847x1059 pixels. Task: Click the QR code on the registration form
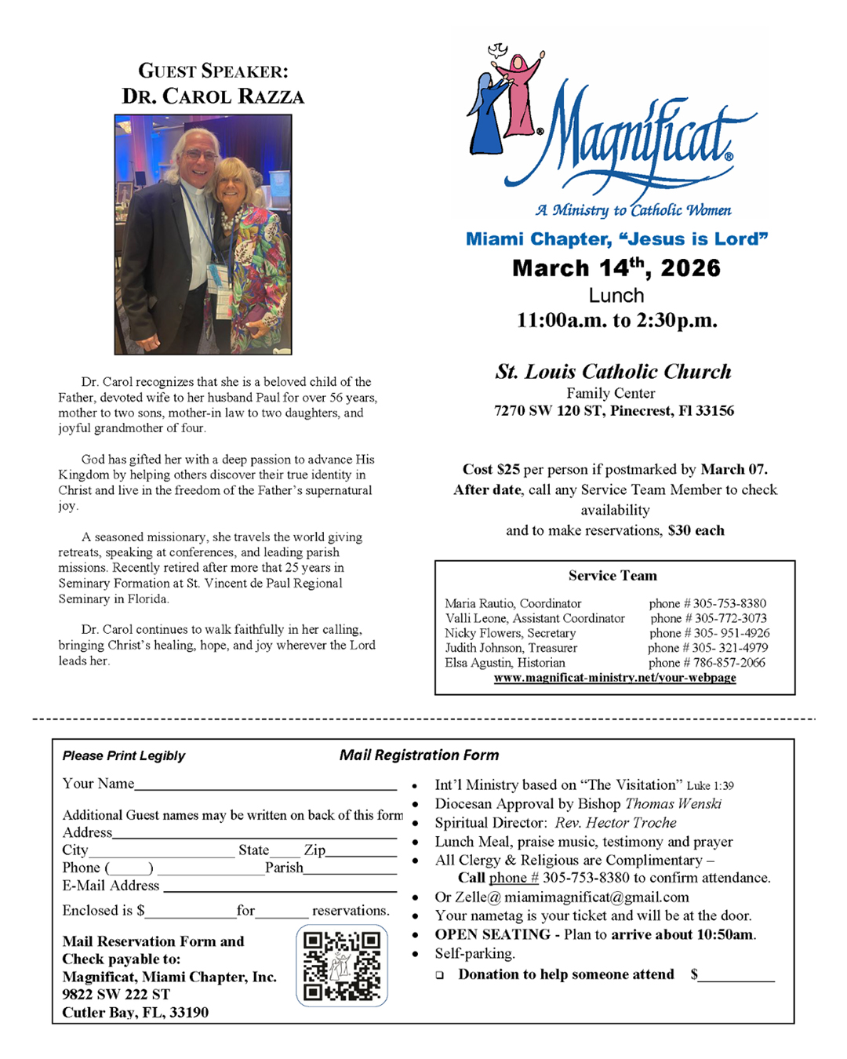[x=342, y=966]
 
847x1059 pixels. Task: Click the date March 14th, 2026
[x=616, y=268]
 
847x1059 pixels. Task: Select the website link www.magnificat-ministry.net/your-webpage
[x=615, y=678]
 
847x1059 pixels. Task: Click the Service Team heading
[x=613, y=576]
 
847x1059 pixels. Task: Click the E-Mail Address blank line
[x=279, y=889]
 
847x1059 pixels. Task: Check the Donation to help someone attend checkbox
[x=440, y=975]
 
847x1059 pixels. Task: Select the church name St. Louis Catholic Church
[x=613, y=372]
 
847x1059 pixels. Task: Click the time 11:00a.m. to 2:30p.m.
[x=616, y=321]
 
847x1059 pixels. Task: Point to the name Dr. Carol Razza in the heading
[x=213, y=96]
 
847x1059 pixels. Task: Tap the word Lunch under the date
[x=616, y=296]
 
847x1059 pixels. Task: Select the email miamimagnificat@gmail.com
[x=597, y=897]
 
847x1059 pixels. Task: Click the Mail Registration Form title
[x=419, y=755]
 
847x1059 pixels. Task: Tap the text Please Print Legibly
[x=124, y=756]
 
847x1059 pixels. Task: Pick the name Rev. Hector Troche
[x=616, y=823]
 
